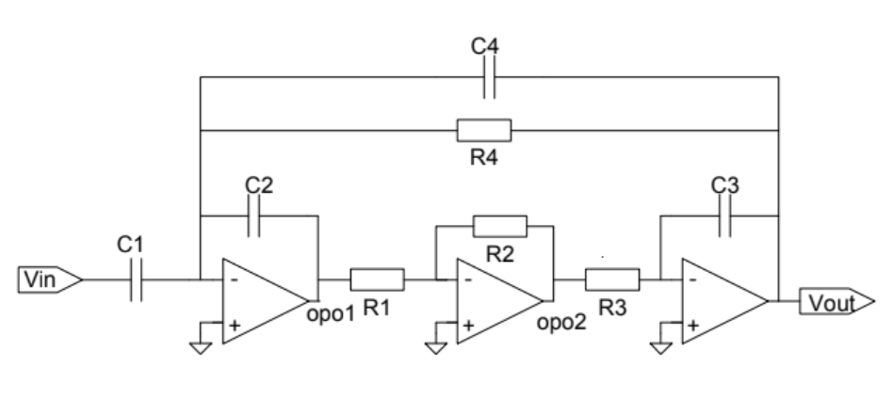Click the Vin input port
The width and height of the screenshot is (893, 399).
coord(50,279)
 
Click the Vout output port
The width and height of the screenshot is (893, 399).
coord(836,301)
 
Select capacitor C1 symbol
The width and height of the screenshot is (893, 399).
coord(136,279)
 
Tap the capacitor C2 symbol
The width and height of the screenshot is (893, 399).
coord(254,215)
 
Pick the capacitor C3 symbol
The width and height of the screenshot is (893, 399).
coord(725,215)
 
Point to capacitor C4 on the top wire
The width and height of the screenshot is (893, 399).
coord(489,77)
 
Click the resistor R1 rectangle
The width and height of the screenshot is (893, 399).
coord(377,279)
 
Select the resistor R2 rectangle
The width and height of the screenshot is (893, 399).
coord(500,226)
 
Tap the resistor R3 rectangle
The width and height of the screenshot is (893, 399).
coord(613,279)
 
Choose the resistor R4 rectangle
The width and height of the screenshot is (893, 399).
coord(484,131)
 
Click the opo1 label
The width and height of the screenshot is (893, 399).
coord(331,314)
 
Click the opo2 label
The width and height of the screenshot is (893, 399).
coord(561,323)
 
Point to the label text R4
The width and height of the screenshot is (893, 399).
coord(484,157)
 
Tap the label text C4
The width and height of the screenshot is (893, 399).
coord(485,46)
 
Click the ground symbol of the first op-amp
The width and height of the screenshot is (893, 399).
coord(201,348)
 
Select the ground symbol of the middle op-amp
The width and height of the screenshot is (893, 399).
coord(436,348)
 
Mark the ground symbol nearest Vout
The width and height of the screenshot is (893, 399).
coord(660,348)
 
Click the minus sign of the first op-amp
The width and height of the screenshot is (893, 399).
coord(234,279)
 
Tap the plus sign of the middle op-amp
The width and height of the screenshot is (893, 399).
coord(468,325)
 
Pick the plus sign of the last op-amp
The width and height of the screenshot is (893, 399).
coord(693,325)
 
